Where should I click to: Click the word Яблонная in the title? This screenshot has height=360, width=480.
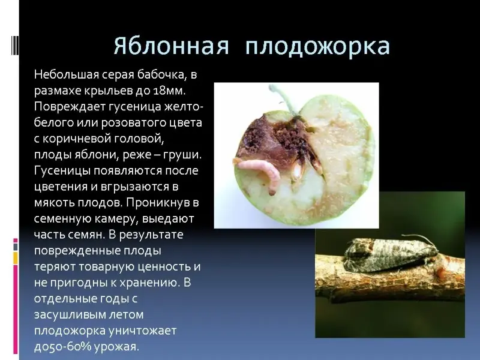pos(171,47)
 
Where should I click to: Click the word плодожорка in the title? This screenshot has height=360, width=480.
pos(317,47)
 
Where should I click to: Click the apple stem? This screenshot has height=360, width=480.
pos(284,100)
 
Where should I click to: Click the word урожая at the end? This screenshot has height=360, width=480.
pos(117,347)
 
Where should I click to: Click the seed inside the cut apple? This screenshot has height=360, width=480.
pos(296,171)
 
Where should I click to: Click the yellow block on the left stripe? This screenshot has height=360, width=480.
pos(16,258)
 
